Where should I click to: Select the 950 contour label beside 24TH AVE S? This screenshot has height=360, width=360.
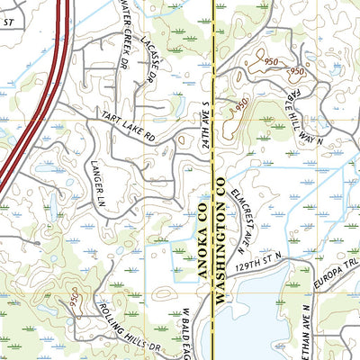click(x=239, y=106)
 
